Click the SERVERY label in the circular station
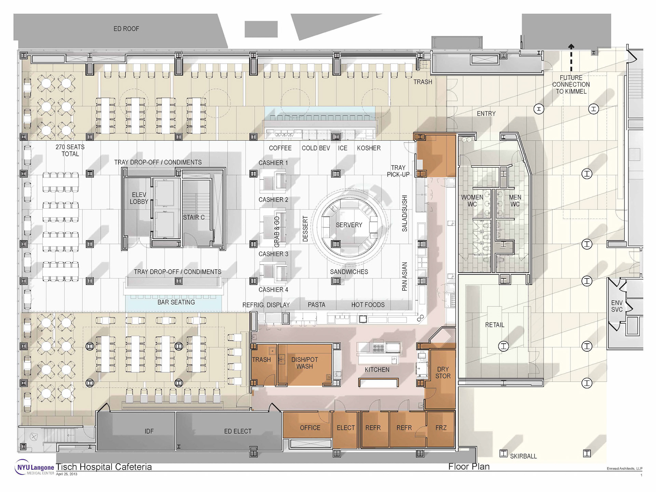349,225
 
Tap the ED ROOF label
126,29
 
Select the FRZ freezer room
441,429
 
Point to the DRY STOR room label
443,373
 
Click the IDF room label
149,431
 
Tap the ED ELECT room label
238,431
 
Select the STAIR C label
194,217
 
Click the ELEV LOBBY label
139,198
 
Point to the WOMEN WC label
472,201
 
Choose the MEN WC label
515,201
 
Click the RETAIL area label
495,325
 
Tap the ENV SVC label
617,306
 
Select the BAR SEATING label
176,302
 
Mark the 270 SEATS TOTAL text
70,150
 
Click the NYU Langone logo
35,467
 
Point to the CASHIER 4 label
273,290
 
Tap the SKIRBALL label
523,456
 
